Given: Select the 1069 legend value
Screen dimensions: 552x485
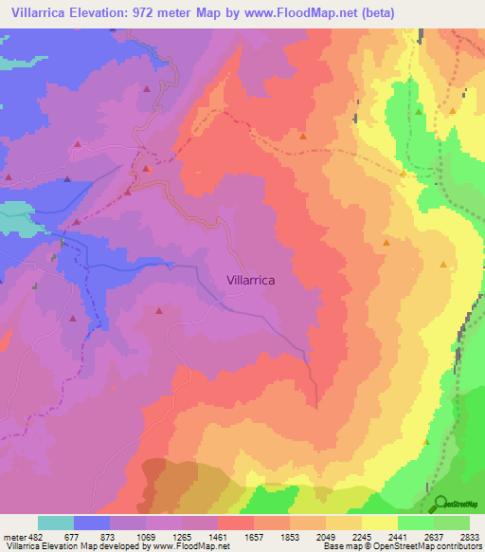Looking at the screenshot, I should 145,537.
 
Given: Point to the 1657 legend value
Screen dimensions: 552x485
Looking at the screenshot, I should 255,537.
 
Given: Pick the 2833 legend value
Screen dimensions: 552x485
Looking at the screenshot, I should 469,537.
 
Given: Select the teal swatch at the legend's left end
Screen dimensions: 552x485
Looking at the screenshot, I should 56,523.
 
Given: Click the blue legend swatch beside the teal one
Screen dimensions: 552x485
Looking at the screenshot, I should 92,523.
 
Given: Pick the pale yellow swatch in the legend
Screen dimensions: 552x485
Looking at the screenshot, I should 380,523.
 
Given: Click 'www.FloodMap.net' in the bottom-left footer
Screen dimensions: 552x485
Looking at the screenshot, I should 188,546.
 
